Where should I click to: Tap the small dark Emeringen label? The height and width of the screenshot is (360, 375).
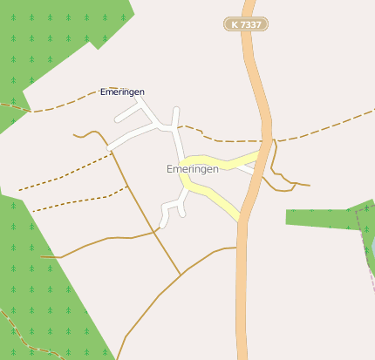click(x=122, y=92)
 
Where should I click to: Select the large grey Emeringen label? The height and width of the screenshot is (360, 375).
click(x=192, y=169)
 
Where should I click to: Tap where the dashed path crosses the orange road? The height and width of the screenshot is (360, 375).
click(x=265, y=140)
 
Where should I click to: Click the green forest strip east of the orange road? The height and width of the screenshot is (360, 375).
click(x=323, y=217)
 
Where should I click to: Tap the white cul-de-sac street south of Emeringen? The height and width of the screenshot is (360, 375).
click(x=173, y=207)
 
